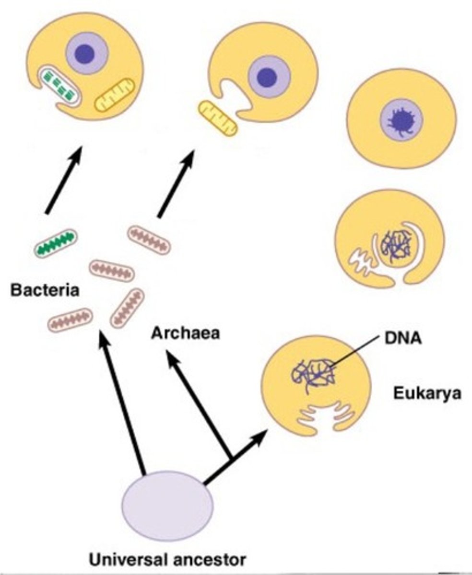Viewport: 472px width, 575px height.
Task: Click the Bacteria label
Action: click(x=46, y=290)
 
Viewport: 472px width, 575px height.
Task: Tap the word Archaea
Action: click(x=186, y=333)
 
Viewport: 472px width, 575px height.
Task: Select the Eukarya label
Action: click(x=427, y=393)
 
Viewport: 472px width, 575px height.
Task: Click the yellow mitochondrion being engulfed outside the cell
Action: click(x=218, y=118)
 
